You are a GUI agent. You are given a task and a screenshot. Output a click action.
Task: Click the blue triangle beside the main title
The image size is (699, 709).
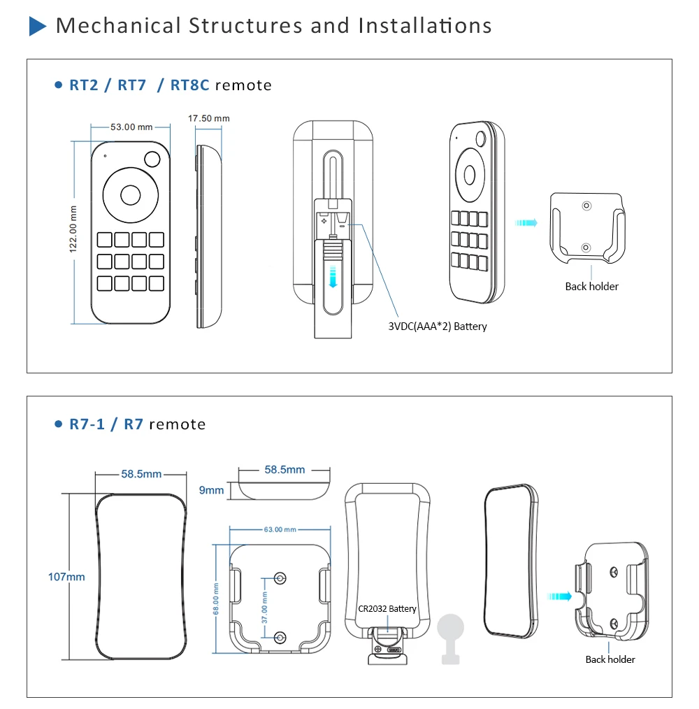coord(37,26)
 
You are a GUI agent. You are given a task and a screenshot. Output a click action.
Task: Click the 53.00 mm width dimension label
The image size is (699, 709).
coord(131,127)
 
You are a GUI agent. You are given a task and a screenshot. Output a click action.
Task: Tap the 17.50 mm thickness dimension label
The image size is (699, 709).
coord(209,118)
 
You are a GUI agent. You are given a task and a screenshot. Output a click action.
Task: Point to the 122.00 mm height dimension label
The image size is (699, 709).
coord(73,229)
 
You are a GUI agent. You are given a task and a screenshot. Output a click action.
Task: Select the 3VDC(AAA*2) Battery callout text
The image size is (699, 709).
coord(437,327)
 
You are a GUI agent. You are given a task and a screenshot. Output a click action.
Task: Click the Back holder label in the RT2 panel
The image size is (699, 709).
coord(592,286)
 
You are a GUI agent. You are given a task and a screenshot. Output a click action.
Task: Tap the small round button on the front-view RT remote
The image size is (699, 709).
coord(152,159)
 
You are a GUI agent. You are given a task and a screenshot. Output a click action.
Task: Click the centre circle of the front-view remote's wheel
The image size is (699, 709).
coord(131,195)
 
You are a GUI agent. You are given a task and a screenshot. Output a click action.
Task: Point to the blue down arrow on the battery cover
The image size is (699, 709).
coord(333,277)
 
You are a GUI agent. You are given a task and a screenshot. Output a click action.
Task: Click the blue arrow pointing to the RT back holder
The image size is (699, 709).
coord(526,222)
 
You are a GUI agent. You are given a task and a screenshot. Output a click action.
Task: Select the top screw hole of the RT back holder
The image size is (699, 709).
coord(586,206)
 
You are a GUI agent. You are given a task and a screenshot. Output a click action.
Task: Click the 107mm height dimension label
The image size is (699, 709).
coord(66,577)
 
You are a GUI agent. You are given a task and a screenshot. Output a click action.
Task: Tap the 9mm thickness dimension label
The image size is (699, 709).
coord(212,490)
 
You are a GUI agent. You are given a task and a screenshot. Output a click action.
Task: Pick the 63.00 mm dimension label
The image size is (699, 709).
coord(280,529)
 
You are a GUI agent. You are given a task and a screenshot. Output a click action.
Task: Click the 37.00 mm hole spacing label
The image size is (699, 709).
coord(265,607)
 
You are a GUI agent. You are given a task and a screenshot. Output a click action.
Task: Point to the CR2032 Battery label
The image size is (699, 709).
coord(387,608)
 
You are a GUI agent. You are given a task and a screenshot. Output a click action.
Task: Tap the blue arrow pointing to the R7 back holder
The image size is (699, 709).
coord(559,596)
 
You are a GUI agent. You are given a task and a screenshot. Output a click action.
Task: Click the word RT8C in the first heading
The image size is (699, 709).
coord(190,85)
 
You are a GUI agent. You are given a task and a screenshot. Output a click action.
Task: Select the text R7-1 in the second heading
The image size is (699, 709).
coord(87,424)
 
